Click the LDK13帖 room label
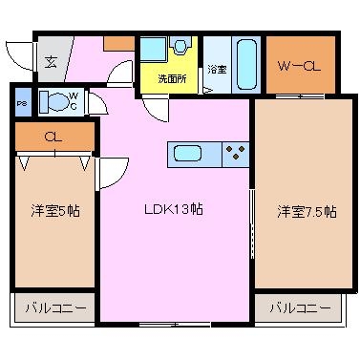[x=174, y=209]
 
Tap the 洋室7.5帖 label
[x=307, y=211]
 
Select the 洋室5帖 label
[x=55, y=211]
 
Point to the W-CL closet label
[x=299, y=66]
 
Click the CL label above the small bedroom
[x=53, y=137]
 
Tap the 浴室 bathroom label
[x=217, y=70]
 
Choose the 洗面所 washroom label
[x=172, y=79]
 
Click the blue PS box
[x=23, y=102]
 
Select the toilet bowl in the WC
[x=54, y=101]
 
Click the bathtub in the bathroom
[x=246, y=65]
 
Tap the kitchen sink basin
[x=187, y=154]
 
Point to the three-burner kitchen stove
[x=236, y=153]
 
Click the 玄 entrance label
[x=51, y=61]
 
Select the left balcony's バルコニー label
[x=56, y=307]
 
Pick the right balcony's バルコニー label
[x=300, y=307]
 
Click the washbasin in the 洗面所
[x=180, y=45]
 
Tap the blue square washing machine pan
[x=154, y=49]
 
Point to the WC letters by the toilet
[x=74, y=101]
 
